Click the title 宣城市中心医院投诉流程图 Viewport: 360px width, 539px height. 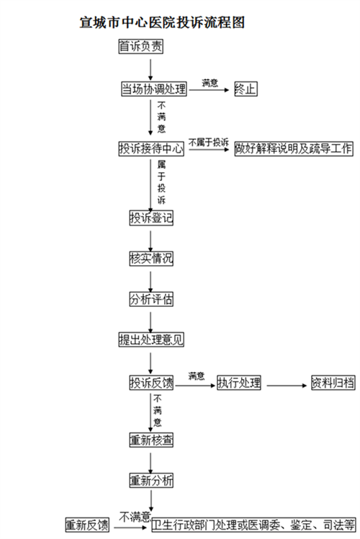[162, 22]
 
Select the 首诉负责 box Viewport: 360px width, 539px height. [140, 46]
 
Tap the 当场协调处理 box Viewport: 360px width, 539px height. [154, 89]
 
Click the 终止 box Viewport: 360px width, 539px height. [246, 89]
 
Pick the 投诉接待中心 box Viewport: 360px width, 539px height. [151, 148]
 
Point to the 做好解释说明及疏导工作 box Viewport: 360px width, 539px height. [294, 148]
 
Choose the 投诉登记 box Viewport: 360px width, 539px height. [151, 218]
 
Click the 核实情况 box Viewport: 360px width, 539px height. [151, 259]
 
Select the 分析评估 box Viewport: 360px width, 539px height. [151, 299]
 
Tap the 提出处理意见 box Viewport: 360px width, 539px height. [151, 339]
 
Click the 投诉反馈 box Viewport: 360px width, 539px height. [151, 383]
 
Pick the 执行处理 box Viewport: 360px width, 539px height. [239, 383]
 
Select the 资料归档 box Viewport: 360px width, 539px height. [333, 383]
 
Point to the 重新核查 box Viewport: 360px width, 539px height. [151, 440]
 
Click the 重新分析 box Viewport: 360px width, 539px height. [151, 481]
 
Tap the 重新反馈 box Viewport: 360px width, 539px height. [87, 525]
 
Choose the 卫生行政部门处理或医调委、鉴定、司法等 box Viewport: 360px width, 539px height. [253, 525]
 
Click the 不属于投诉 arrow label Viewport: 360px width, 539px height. [209, 143]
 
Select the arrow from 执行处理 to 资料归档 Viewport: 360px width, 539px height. [287, 386]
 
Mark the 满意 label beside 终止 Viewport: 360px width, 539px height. [210, 83]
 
